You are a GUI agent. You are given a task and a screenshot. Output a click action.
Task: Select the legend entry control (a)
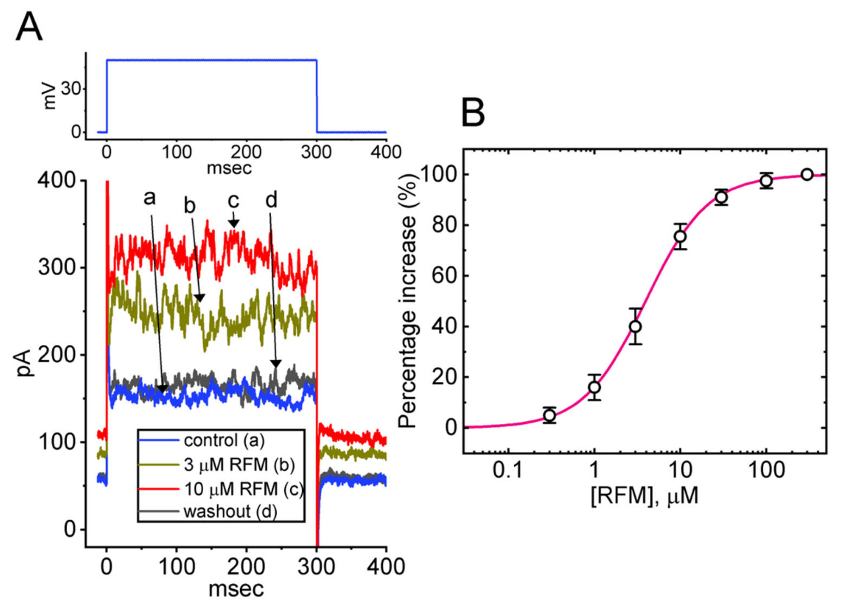pos(224,441)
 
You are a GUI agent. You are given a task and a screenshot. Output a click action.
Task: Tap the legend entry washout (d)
pos(230,512)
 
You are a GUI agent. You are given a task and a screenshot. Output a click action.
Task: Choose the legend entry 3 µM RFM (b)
pos(239,465)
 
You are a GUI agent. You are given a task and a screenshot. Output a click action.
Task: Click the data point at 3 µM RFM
pos(636,326)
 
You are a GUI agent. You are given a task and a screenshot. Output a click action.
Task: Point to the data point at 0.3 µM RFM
pos(549,415)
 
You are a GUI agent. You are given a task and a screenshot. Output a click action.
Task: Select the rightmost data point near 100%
pos(807,174)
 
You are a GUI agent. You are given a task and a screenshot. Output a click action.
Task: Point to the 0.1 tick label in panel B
pos(507,470)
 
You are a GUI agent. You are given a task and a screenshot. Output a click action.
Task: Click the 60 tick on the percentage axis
pos(444,276)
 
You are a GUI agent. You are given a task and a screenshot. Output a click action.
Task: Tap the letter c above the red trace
pos(233,201)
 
